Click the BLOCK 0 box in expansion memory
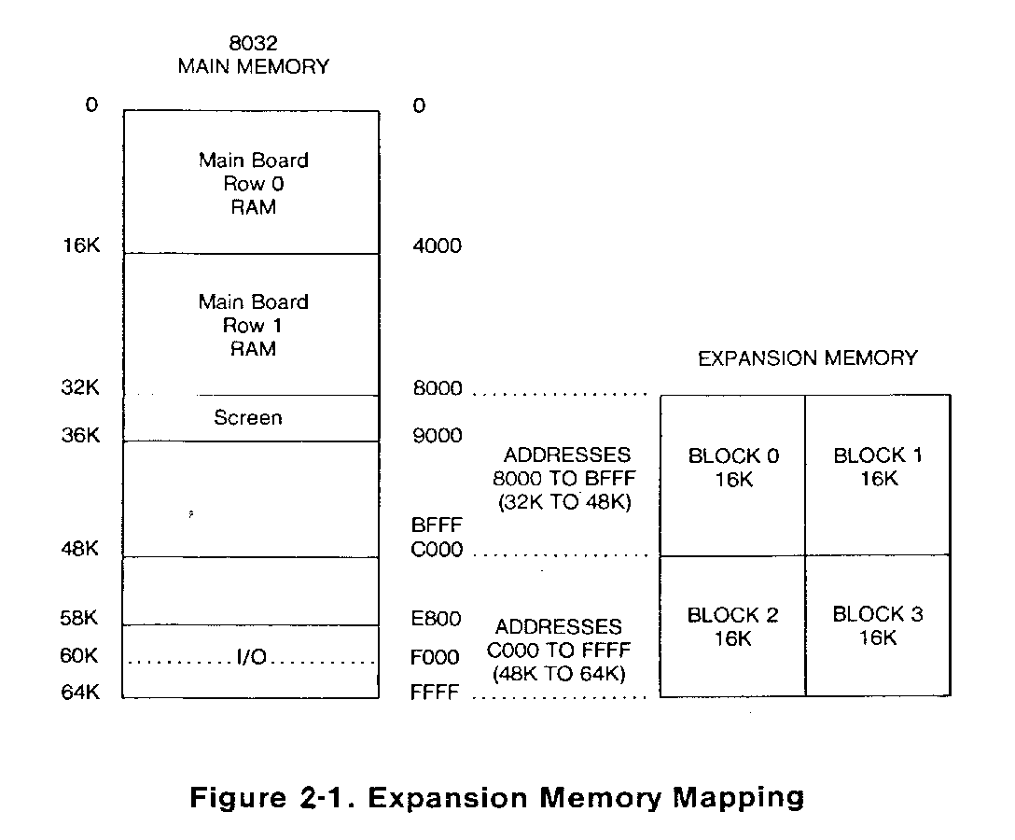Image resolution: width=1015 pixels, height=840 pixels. pos(733,475)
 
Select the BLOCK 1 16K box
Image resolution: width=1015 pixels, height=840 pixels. pos(878,475)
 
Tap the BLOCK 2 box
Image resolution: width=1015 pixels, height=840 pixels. pos(733,626)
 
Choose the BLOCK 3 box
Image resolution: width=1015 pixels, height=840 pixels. pos(878,626)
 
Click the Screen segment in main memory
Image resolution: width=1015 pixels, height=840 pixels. pos(248,418)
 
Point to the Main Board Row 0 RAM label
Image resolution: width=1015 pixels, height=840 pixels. pos(253,183)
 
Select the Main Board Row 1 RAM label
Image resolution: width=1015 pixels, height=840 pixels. pos(253,325)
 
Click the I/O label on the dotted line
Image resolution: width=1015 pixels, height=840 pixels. pos(251,659)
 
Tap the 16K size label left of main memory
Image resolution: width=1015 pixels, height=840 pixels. pos(79,245)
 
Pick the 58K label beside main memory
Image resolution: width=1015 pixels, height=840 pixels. pos(79,618)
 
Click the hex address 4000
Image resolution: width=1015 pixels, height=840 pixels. pos(437,246)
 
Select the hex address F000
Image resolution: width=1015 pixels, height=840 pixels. pos(436,657)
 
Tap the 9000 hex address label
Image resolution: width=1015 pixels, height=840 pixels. pos(437,436)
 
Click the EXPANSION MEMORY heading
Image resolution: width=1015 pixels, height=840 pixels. pos(808,357)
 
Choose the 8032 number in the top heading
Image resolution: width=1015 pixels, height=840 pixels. pos(253,43)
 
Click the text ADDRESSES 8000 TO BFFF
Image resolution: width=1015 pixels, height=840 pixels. pos(566,467)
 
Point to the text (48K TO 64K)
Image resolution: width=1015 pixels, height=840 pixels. pos(558,674)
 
